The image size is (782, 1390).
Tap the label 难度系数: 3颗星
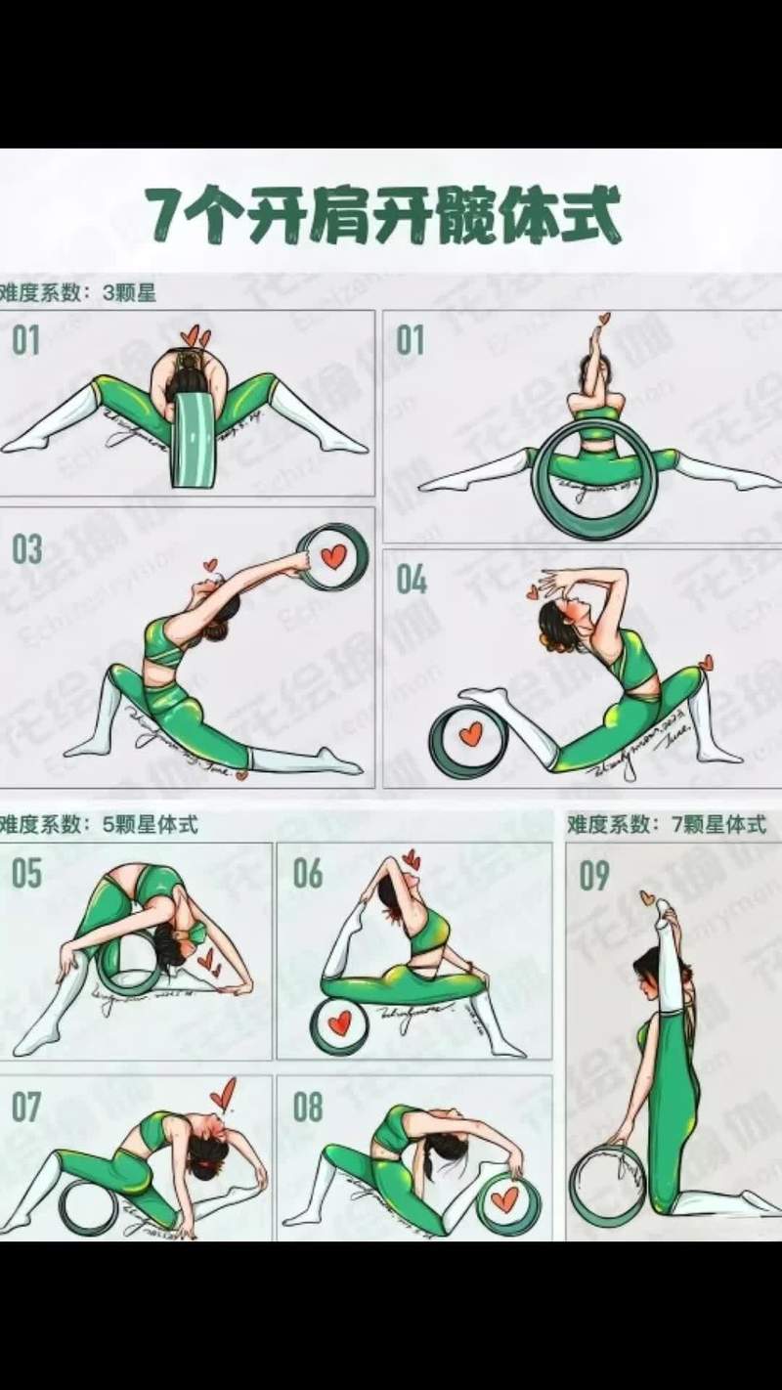pyautogui.click(x=77, y=293)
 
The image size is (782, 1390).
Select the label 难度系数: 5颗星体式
pyautogui.click(x=99, y=824)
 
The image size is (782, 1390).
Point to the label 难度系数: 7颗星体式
pyautogui.click(x=667, y=824)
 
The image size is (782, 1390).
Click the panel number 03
pyautogui.click(x=26, y=549)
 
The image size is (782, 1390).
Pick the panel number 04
pyautogui.click(x=412, y=580)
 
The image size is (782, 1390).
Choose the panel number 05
pyautogui.click(x=26, y=873)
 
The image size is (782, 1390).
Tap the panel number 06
pyautogui.click(x=307, y=873)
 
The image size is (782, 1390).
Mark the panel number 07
pyautogui.click(x=26, y=1108)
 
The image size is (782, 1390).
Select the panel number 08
pyautogui.click(x=307, y=1108)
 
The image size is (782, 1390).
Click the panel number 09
pyautogui.click(x=593, y=875)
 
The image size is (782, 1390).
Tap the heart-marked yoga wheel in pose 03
pyautogui.click(x=332, y=557)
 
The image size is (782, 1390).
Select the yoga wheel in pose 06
pyautogui.click(x=338, y=1024)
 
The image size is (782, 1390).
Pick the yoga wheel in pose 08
pyautogui.click(x=506, y=1202)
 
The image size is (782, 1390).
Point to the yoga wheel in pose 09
pyautogui.click(x=608, y=1185)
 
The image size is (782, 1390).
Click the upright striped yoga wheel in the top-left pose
pyautogui.click(x=193, y=440)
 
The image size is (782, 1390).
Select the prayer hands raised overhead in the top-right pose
pyautogui.click(x=595, y=347)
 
